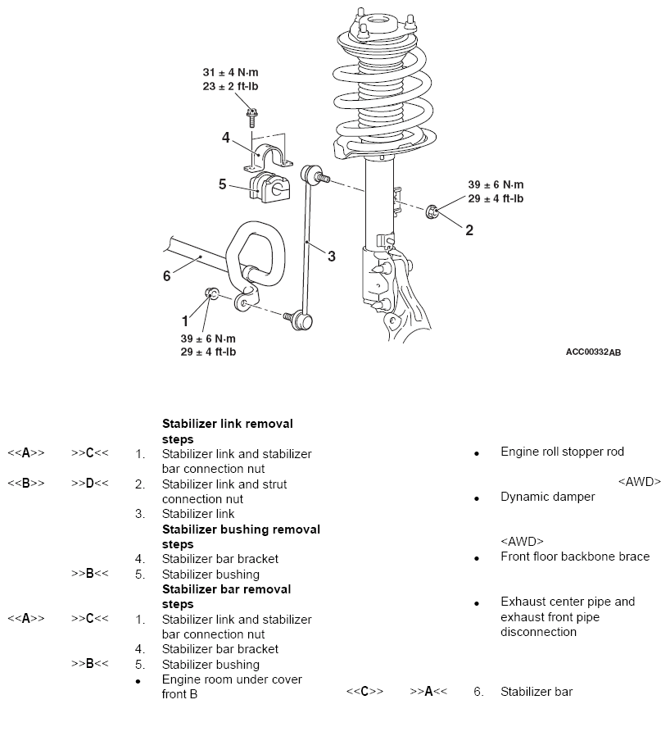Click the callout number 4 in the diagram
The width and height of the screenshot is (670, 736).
click(226, 138)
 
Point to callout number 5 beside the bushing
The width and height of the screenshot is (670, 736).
click(223, 184)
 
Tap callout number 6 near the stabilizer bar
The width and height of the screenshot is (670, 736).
click(166, 276)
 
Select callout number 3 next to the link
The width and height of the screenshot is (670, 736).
click(332, 257)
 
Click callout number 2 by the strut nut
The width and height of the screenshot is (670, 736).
click(469, 230)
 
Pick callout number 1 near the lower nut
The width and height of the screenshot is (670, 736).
click(185, 321)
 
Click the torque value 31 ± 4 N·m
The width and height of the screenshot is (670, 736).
click(230, 72)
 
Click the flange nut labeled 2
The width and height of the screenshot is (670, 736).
click(432, 211)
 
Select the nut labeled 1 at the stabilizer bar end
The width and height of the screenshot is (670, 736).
click(211, 293)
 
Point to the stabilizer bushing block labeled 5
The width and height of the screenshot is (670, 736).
click(269, 187)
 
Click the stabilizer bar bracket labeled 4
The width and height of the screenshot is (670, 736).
click(268, 157)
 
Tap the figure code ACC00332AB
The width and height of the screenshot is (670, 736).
click(593, 352)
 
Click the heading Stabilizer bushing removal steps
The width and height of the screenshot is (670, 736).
click(241, 537)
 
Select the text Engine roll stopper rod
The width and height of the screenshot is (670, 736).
click(562, 452)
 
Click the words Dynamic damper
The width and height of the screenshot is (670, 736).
click(547, 497)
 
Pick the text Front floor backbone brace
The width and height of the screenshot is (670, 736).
click(575, 557)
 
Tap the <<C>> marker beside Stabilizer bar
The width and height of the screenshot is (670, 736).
click(364, 692)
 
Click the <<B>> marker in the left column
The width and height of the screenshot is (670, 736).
click(26, 483)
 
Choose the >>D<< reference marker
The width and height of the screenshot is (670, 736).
click(89, 483)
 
